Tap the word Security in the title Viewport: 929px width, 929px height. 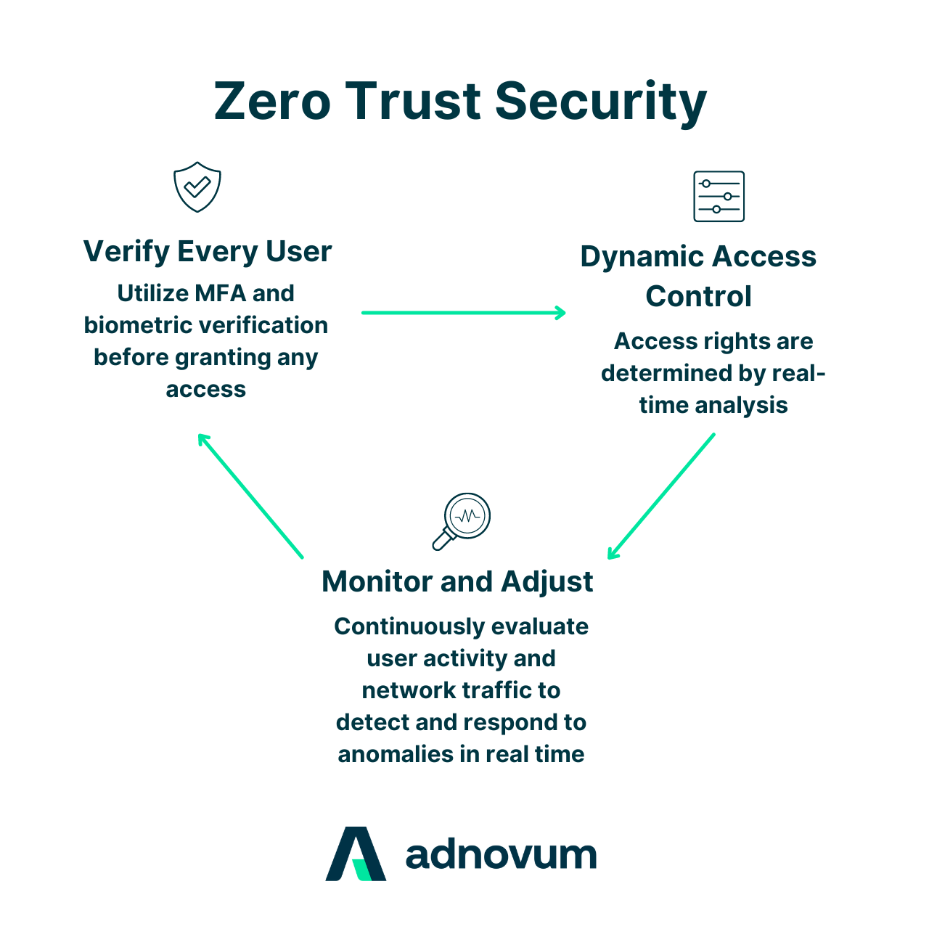point(600,102)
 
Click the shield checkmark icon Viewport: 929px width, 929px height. point(197,187)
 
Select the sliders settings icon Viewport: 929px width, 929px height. point(719,197)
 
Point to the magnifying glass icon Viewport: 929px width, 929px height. point(462,520)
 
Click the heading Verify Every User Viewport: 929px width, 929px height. point(208,252)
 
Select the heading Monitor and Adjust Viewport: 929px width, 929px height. point(457,581)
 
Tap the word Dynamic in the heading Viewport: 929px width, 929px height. point(642,257)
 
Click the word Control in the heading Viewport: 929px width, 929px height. point(698,296)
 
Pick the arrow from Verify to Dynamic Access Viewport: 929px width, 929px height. point(463,313)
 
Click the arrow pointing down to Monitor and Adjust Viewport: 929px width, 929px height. point(661,496)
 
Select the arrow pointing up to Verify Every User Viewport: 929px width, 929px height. point(250,496)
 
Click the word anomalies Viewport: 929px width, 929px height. point(396,754)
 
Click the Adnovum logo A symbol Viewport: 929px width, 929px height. point(356,854)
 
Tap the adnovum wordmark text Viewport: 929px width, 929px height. point(501,855)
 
